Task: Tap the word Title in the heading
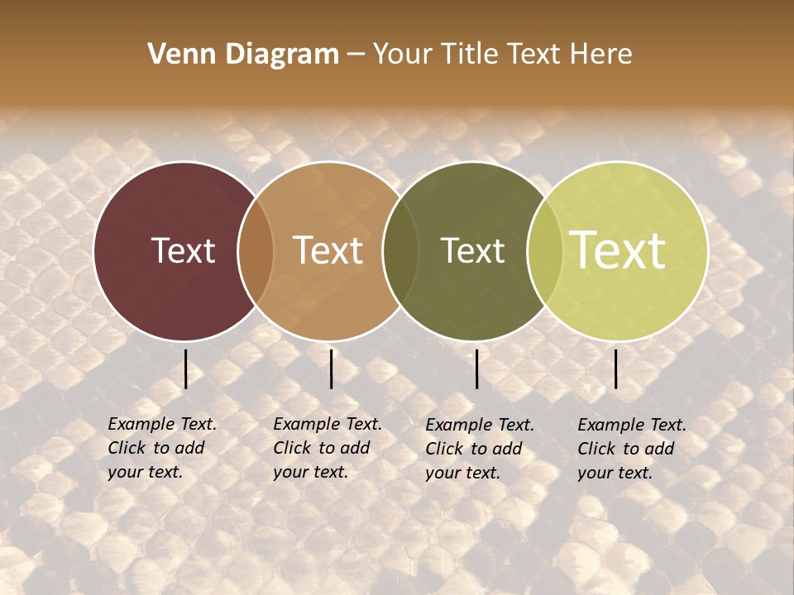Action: click(x=468, y=55)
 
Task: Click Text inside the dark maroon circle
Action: click(x=183, y=251)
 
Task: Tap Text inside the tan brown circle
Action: click(x=328, y=251)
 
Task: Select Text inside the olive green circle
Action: click(x=472, y=251)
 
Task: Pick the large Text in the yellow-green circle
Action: click(x=618, y=250)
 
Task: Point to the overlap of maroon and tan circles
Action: click(x=256, y=251)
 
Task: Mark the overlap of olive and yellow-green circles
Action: click(x=543, y=251)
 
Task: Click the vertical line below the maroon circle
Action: click(x=186, y=369)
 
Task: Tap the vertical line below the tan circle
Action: click(x=331, y=369)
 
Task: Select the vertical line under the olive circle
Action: click(x=477, y=369)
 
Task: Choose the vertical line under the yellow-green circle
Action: click(x=616, y=369)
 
